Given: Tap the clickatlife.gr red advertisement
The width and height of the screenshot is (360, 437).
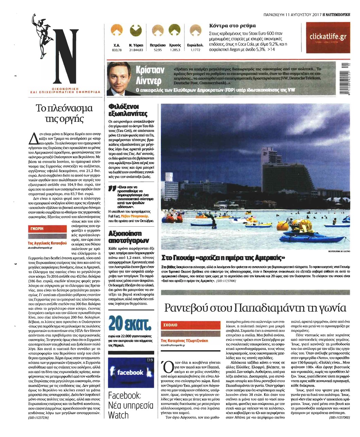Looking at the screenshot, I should click(328, 37).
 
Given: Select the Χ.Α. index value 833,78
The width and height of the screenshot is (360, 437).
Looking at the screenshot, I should click(117, 50).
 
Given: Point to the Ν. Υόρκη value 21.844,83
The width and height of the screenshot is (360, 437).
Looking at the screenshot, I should click(136, 50).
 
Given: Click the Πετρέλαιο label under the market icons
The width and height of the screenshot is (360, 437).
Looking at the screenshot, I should click(158, 45).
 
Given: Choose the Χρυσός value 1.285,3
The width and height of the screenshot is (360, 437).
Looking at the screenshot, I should click(175, 50).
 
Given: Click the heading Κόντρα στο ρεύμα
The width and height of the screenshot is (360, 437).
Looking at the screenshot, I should click(232, 26).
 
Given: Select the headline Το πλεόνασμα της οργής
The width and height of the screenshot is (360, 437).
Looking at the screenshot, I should click(64, 113).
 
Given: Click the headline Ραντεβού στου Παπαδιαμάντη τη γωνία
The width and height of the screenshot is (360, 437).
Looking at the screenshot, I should click(255, 308).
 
